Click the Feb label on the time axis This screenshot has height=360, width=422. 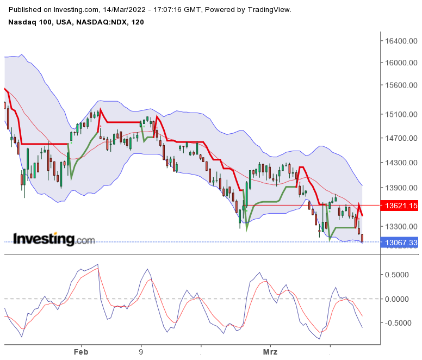click(x=81, y=352)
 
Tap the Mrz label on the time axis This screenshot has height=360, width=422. click(x=270, y=352)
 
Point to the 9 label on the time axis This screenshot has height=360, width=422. click(x=141, y=352)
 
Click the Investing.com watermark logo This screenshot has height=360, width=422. click(x=53, y=239)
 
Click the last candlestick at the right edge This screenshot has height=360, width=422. click(x=362, y=238)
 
